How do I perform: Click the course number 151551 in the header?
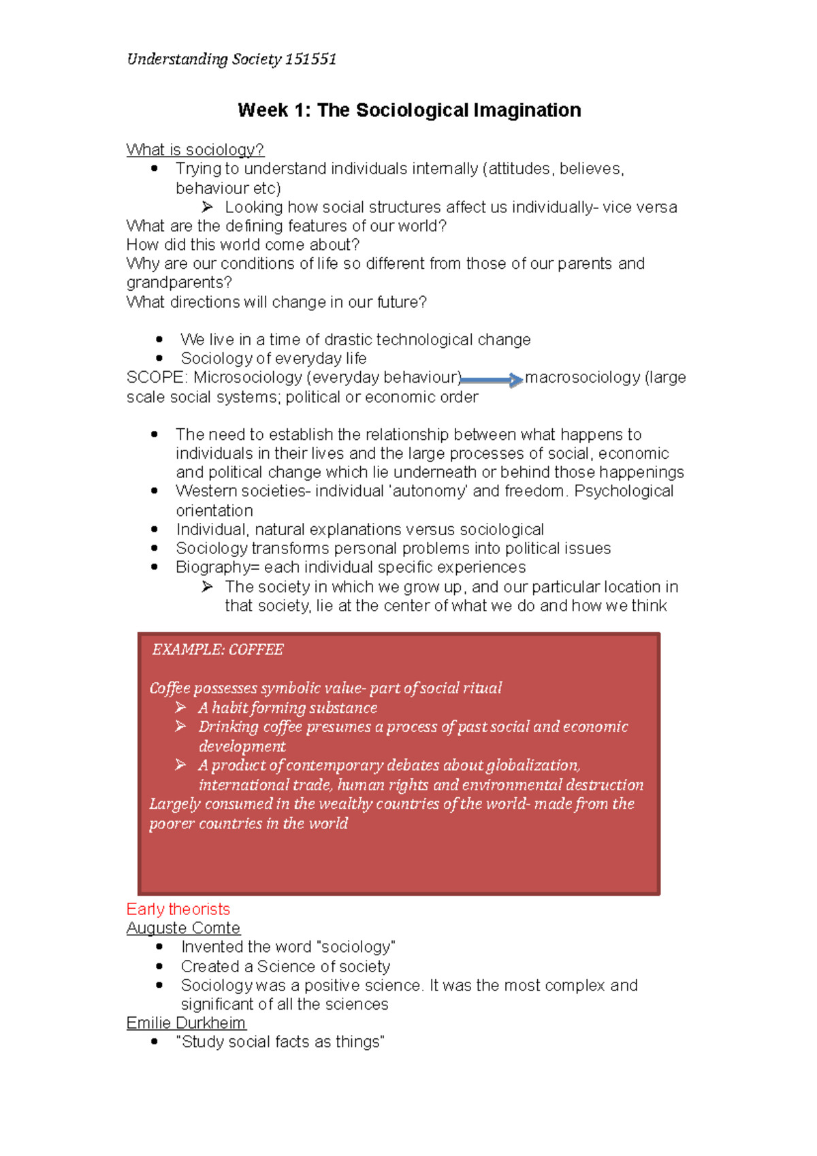tap(310, 59)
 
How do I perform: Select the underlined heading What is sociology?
tap(195, 150)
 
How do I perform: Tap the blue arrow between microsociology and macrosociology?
tap(492, 380)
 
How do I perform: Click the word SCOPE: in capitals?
tap(157, 377)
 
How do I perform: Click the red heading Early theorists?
tap(178, 909)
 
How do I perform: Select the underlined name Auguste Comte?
tap(183, 928)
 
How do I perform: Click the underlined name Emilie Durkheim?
tap(186, 1023)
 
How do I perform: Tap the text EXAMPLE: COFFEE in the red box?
tap(218, 649)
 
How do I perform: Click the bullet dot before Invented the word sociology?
tap(159, 947)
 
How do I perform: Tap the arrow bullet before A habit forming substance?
tap(180, 708)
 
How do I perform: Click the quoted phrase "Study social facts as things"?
tap(280, 1042)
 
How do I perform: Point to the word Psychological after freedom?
tap(624, 491)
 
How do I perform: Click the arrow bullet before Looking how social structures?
tap(208, 207)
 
